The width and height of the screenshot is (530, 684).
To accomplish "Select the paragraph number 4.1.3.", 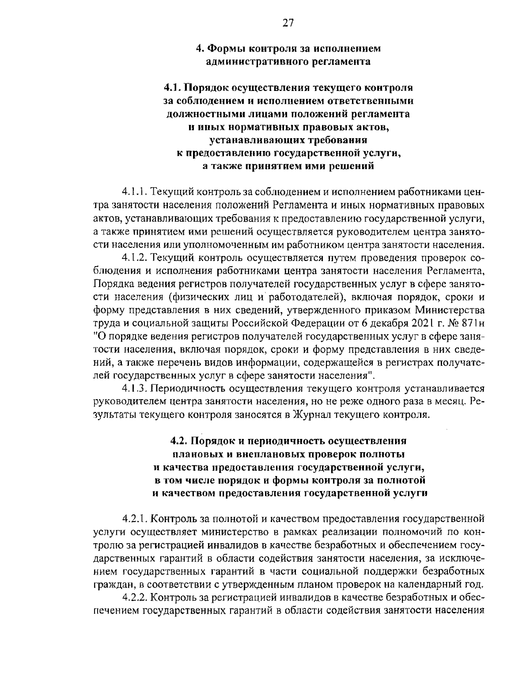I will coord(135,389).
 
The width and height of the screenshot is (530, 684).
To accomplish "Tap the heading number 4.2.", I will coord(178,441).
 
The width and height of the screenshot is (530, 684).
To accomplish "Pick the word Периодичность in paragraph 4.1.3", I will coord(191,389).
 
